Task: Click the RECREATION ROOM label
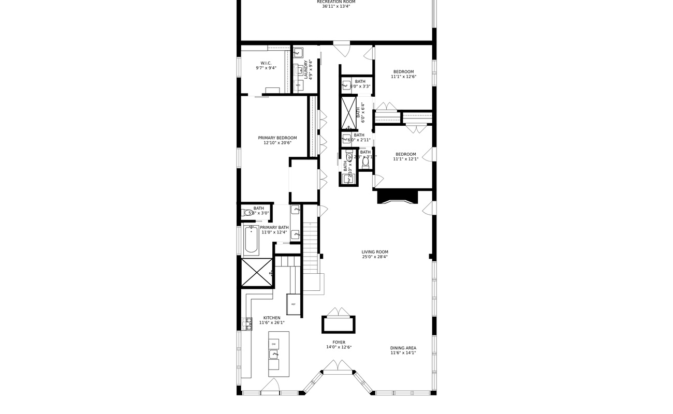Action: [336, 2]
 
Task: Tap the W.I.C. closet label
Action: [266, 63]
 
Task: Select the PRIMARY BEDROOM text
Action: [277, 138]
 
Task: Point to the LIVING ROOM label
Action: [375, 252]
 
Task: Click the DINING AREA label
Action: [403, 348]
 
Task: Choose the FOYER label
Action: [339, 343]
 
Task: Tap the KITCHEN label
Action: [272, 318]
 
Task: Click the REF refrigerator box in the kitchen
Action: [294, 304]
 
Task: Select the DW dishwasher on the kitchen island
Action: [274, 344]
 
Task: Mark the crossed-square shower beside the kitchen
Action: [257, 273]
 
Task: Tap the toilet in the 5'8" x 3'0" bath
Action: [247, 213]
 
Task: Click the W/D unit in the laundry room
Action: [298, 85]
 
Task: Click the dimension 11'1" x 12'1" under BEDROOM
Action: [405, 159]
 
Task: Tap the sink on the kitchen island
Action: [274, 354]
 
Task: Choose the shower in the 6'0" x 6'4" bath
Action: [348, 112]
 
